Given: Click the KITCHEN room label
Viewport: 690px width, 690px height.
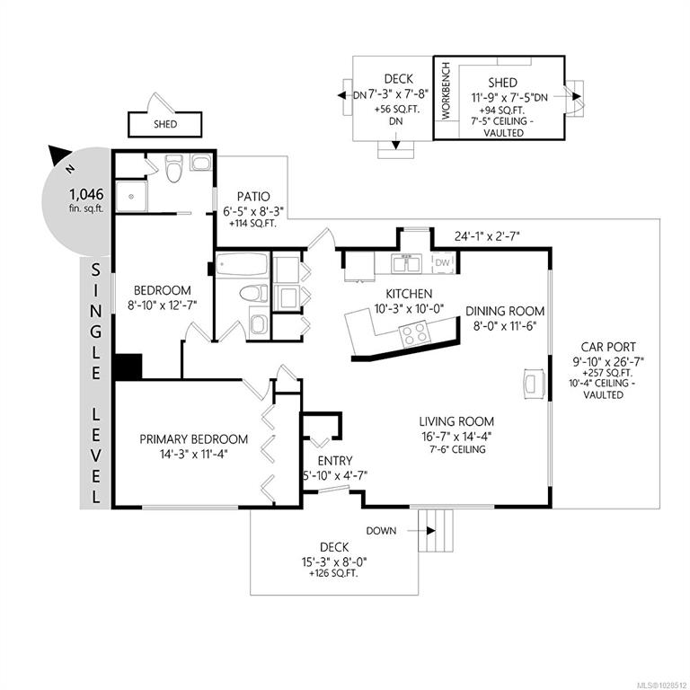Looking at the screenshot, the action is pos(409,294).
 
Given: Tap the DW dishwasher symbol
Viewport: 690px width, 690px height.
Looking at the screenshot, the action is pos(442,262).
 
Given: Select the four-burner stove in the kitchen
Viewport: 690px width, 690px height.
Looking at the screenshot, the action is pos(413,332).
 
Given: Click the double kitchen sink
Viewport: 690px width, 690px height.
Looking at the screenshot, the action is pos(407,263).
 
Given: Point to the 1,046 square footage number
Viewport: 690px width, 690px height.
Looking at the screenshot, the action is pos(86,194).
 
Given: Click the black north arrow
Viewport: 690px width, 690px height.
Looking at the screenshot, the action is pos(58,155).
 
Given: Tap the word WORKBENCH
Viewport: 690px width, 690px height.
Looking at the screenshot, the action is pos(446,91).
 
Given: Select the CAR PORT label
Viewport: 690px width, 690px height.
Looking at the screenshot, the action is pos(608,347).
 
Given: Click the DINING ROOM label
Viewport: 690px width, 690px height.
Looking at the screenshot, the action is pos(505,311).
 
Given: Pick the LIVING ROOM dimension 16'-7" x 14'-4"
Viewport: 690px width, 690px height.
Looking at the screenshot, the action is pos(456,437).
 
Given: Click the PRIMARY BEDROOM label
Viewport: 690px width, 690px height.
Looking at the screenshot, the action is pos(194,438).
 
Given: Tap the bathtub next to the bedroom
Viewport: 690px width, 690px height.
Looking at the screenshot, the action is pos(242,264).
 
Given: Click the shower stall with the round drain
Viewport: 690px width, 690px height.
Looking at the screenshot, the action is pos(131,196).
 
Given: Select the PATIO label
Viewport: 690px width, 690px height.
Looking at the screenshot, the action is pos(253,196).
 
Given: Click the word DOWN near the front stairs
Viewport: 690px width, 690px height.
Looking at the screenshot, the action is pos(381,531).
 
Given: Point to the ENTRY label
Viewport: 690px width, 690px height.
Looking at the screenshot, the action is pos(335,461).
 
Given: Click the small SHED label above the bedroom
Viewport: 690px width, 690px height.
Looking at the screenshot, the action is pos(165,124).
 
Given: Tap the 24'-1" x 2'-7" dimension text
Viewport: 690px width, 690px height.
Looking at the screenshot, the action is pos(487,236).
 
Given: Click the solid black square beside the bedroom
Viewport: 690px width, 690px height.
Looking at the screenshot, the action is pos(128,367).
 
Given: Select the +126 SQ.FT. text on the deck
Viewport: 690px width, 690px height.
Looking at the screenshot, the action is pos(333,573).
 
